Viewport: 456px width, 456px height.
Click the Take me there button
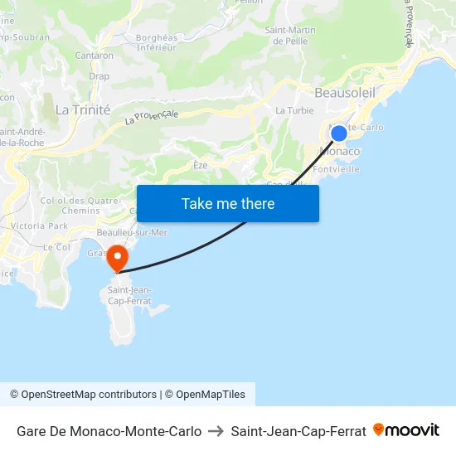pyautogui.click(x=228, y=204)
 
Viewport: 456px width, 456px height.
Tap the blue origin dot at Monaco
pyautogui.click(x=339, y=133)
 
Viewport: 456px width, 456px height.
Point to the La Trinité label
pyautogui.click(x=83, y=109)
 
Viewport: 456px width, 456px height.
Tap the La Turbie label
pyautogui.click(x=292, y=110)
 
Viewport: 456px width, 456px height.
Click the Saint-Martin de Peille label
pyautogui.click(x=290, y=36)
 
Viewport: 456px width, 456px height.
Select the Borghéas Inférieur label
pyautogui.click(x=157, y=42)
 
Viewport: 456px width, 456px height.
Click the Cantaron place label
pyautogui.click(x=95, y=56)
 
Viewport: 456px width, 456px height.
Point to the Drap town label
pyautogui.click(x=99, y=76)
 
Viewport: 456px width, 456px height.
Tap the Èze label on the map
pyautogui.click(x=201, y=165)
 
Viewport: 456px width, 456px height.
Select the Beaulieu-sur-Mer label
pyautogui.click(x=132, y=233)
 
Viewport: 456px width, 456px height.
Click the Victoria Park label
pyautogui.click(x=40, y=226)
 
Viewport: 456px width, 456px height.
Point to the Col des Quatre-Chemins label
pyautogui.click(x=70, y=206)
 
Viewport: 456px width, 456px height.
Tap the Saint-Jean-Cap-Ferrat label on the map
pyautogui.click(x=129, y=295)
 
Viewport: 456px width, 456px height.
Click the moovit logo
pyautogui.click(x=406, y=430)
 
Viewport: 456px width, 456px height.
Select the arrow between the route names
pyautogui.click(x=216, y=431)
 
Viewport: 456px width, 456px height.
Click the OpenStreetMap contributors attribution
pyautogui.click(x=83, y=395)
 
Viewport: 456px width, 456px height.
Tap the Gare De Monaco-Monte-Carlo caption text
pyautogui.click(x=109, y=431)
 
